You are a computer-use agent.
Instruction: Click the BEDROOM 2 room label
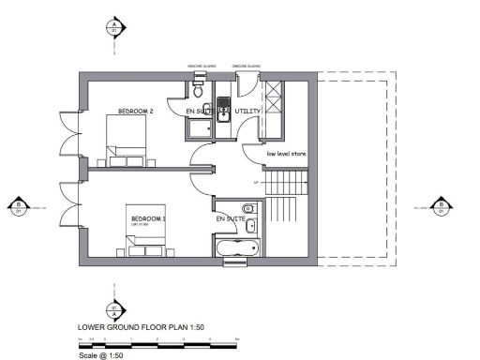click(x=135, y=112)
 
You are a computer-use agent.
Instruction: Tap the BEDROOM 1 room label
click(x=148, y=218)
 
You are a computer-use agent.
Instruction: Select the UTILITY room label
click(x=248, y=112)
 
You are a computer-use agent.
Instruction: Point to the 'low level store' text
click(x=286, y=153)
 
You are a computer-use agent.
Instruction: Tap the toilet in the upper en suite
click(x=198, y=90)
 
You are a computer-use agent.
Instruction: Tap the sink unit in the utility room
click(x=224, y=109)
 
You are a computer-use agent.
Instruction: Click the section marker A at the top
click(x=113, y=25)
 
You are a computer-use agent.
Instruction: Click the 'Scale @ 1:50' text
click(x=100, y=355)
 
